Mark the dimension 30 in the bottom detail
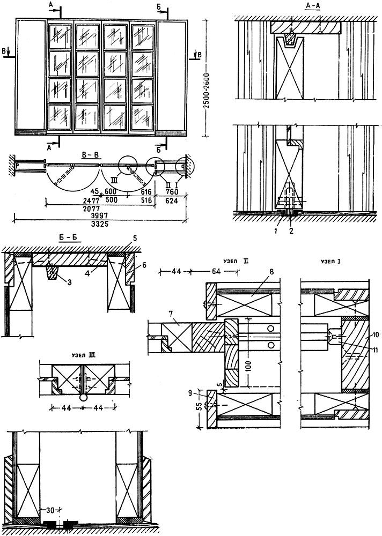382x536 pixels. pos(50,510)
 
